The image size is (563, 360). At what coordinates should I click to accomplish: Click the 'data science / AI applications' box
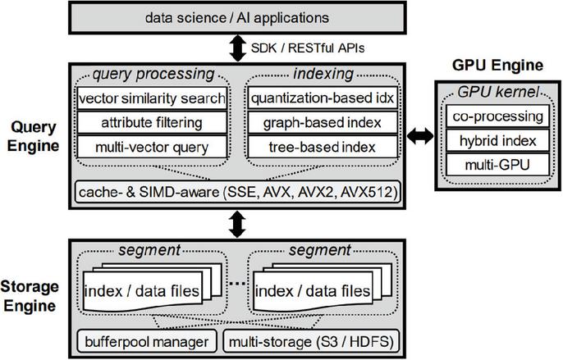237,18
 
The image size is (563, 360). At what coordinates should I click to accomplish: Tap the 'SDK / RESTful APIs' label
307,48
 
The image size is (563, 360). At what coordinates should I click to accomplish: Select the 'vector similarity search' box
152,98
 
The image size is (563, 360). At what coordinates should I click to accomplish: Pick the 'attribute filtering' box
152,122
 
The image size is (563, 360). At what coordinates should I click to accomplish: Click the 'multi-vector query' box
152,147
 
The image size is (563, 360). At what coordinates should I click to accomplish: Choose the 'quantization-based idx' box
323,98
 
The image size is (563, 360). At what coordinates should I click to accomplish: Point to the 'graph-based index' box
323,122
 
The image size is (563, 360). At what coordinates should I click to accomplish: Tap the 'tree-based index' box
323,147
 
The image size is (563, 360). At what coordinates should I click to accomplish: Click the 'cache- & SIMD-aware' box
238,192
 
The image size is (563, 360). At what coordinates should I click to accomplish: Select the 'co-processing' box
497,116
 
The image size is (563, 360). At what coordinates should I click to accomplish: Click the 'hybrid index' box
497,140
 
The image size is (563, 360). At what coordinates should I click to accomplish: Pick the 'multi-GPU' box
497,165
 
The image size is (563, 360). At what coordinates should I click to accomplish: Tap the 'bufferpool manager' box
147,341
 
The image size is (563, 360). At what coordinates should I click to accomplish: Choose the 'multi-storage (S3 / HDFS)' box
311,341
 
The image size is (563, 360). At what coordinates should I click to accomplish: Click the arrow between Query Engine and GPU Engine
420,136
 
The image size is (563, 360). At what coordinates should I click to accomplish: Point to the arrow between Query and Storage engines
237,225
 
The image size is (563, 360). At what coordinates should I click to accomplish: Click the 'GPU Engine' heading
497,65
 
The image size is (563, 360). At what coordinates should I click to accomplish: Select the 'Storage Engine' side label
30,296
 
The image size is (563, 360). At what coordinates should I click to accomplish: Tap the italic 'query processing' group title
153,74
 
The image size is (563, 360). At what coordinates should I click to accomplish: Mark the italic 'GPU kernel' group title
498,92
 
